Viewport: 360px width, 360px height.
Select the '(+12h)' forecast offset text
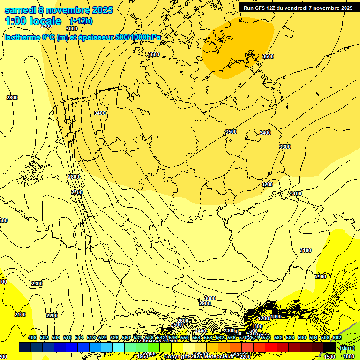click(x=81, y=21)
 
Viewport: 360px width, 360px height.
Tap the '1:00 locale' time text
click(x=33, y=21)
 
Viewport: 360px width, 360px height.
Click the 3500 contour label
click(x=231, y=132)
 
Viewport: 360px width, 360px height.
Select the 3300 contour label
click(x=285, y=147)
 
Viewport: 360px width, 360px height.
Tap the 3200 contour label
click(x=267, y=184)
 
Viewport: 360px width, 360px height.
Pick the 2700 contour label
click(x=77, y=193)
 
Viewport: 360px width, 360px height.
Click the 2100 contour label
click(x=20, y=315)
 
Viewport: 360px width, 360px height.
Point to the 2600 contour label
click(x=183, y=321)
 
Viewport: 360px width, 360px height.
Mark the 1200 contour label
click(x=264, y=319)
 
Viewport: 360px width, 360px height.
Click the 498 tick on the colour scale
click(x=32, y=337)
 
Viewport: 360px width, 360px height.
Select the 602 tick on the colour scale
click(x=337, y=337)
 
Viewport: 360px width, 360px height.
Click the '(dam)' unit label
click(x=347, y=347)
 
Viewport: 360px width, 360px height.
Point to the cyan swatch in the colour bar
click(x=119, y=347)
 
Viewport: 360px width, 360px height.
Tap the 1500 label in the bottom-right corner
click(x=330, y=357)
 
